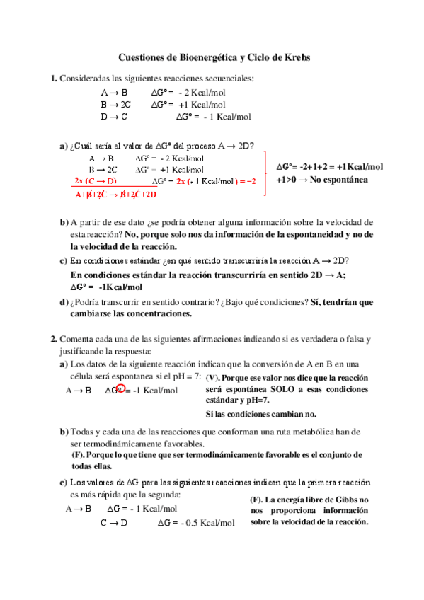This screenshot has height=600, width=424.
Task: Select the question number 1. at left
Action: click(54, 79)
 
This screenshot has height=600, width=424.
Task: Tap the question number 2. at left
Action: click(54, 339)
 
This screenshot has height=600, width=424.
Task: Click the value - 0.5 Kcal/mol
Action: click(205, 523)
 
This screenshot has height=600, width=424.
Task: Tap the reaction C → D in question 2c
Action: click(113, 523)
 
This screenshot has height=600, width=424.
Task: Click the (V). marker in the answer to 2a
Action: click(215, 379)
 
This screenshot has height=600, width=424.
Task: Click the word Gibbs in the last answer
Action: click(348, 500)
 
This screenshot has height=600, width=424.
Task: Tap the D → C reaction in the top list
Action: click(114, 117)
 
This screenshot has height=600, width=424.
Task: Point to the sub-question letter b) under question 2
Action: click(64, 432)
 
